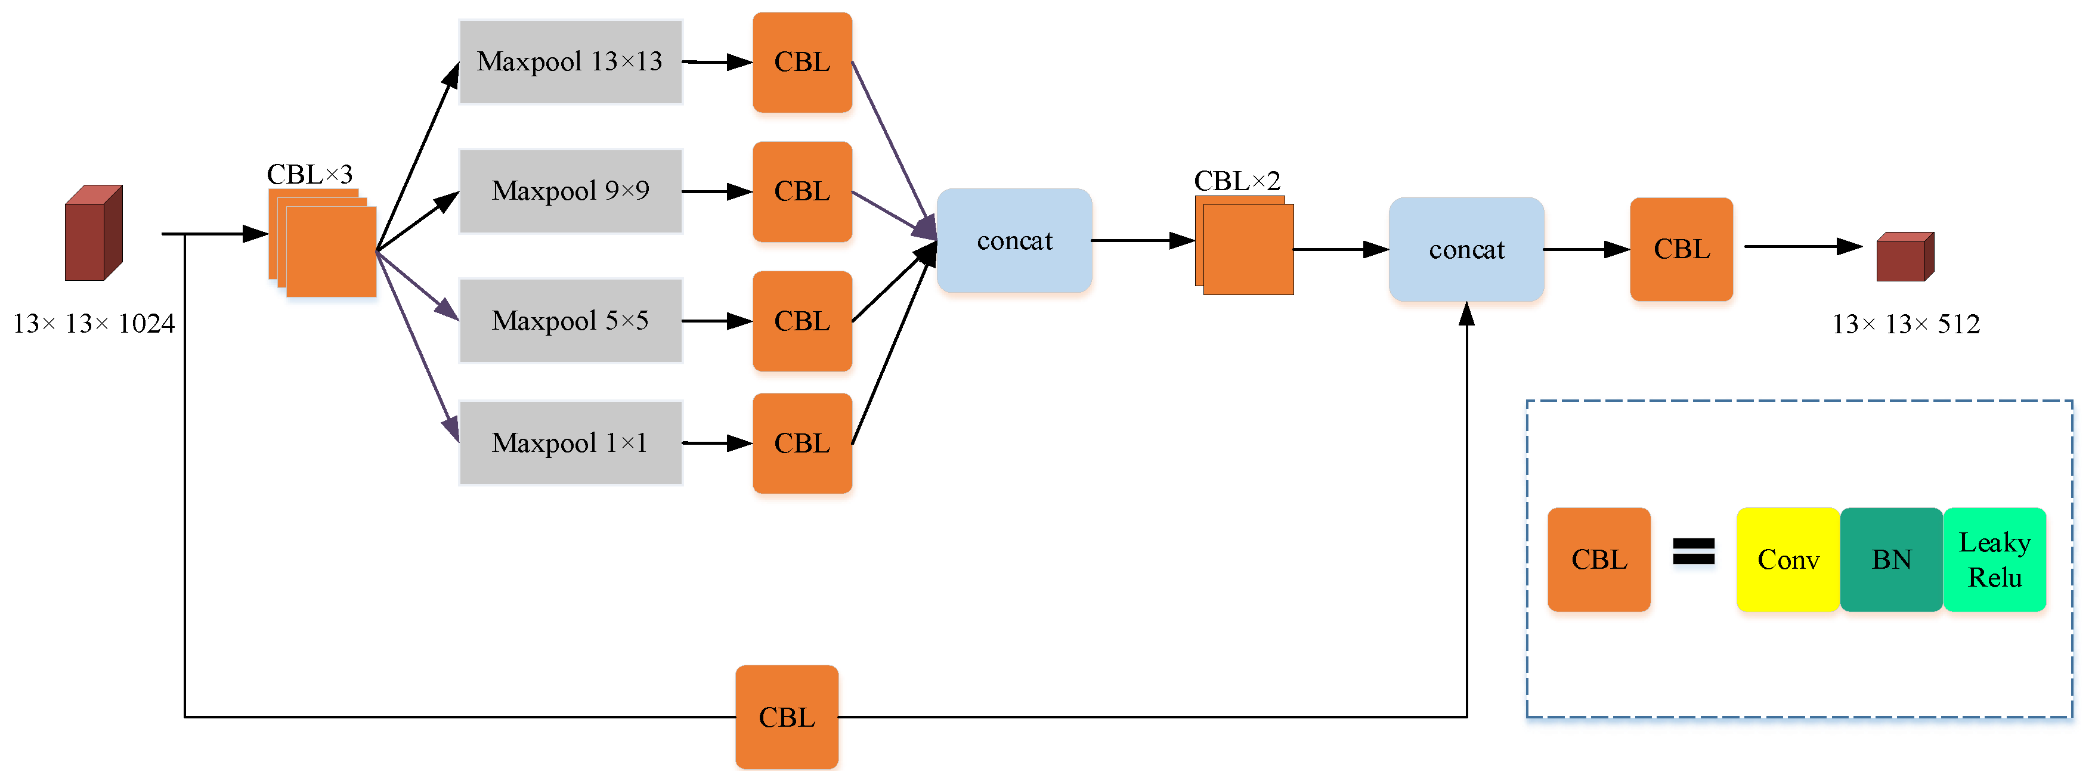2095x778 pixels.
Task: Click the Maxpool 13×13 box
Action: pyautogui.click(x=570, y=62)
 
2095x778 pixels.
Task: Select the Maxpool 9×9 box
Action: pyautogui.click(x=570, y=191)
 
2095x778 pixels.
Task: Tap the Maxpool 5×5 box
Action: pyautogui.click(x=570, y=320)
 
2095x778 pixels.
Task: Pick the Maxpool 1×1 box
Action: pyautogui.click(x=570, y=442)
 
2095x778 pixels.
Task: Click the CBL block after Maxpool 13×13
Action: pyautogui.click(x=802, y=62)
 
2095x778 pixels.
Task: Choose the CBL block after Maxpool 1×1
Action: pyautogui.click(x=802, y=443)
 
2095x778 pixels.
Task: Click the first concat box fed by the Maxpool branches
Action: pyautogui.click(x=1014, y=241)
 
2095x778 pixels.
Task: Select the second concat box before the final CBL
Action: pyautogui.click(x=1466, y=250)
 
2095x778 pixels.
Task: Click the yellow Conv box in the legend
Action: pyautogui.click(x=1788, y=559)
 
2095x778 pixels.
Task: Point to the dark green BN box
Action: pyautogui.click(x=1891, y=559)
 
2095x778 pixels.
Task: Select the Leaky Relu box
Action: pyautogui.click(x=1994, y=559)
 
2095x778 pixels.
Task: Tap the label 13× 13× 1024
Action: pyautogui.click(x=94, y=324)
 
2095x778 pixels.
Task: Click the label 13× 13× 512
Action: pyautogui.click(x=1905, y=324)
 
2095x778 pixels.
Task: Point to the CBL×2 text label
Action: pyautogui.click(x=1236, y=181)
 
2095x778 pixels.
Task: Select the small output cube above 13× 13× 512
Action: pyautogui.click(x=1904, y=257)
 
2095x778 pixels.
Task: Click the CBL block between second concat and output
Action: pyautogui.click(x=1681, y=249)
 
